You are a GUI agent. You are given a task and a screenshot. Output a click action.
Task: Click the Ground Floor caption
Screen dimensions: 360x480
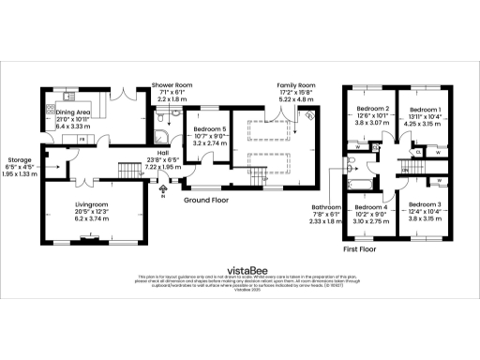(x=207, y=201)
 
